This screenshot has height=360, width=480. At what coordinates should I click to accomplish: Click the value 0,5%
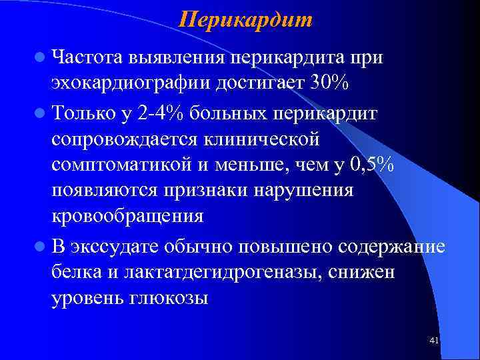pyautogui.click(x=369, y=165)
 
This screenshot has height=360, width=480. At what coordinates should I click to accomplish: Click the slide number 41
pyautogui.click(x=434, y=341)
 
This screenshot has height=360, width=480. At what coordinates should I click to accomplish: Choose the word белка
pyautogui.click(x=76, y=272)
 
